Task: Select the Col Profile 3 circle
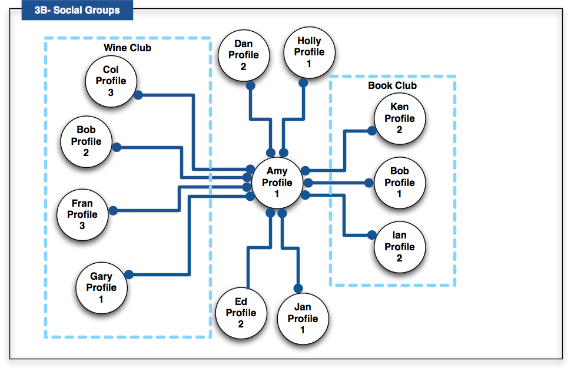(111, 81)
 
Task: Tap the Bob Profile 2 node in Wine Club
(86, 141)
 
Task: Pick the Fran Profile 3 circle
(82, 214)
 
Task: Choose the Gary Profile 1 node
(101, 287)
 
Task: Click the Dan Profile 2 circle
(243, 55)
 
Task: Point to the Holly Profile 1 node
(309, 52)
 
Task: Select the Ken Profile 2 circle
(399, 118)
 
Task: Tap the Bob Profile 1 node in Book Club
(399, 183)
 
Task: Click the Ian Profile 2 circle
(399, 247)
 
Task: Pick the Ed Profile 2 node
(241, 313)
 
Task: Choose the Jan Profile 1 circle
(303, 319)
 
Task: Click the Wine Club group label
(128, 48)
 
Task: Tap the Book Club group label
(392, 86)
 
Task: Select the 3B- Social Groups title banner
(77, 10)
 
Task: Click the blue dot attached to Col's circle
(138, 94)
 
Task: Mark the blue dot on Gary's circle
(129, 274)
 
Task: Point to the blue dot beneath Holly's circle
(303, 82)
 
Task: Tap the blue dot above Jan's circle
(298, 288)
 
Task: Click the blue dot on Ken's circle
(372, 131)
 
